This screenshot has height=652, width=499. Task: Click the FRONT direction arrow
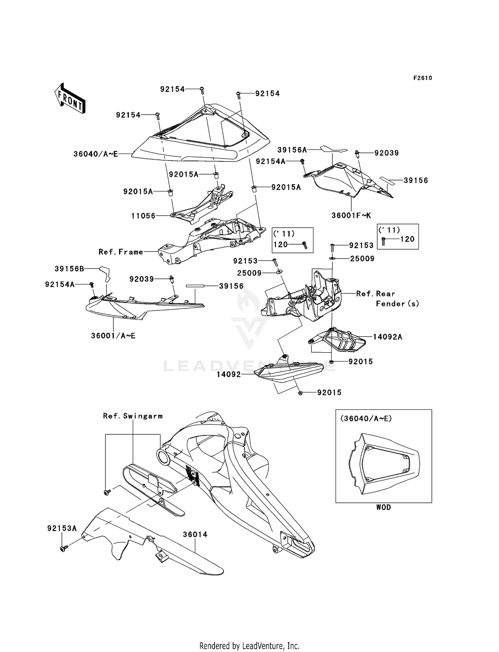point(70,98)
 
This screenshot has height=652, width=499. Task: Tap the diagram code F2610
point(422,78)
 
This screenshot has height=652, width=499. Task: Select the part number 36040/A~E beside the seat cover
point(96,154)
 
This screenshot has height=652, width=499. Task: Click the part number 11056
point(143,216)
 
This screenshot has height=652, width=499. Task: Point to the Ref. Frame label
point(121,252)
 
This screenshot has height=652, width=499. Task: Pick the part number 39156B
point(69,269)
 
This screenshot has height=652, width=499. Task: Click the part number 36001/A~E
point(113,336)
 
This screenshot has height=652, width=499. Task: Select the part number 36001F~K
point(351,215)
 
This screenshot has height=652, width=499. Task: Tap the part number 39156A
point(292,150)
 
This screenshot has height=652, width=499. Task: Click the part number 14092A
point(387,337)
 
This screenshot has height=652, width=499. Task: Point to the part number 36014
point(195,534)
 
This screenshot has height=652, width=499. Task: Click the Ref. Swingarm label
point(133,416)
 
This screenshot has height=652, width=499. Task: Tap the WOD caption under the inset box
point(383,507)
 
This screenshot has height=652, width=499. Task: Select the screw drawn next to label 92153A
point(64,549)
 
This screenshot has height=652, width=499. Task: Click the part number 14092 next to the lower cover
point(229,375)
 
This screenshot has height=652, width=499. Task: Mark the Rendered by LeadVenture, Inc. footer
point(249,646)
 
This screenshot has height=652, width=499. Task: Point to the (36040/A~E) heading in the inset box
point(366,419)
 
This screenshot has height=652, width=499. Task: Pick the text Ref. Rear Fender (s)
point(387,298)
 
